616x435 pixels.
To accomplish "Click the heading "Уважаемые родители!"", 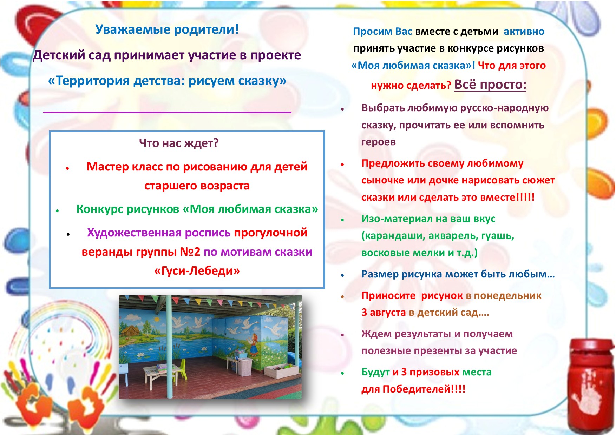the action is tap(167, 29).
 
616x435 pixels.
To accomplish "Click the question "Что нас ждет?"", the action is tap(179, 143).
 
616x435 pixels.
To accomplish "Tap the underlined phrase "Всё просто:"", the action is tap(490, 85).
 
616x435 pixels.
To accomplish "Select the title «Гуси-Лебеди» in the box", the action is tap(197, 270).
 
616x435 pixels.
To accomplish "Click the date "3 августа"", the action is tap(384, 312).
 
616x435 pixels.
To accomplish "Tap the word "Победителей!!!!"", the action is tap(424, 389).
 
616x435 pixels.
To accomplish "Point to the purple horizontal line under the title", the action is tap(167, 112).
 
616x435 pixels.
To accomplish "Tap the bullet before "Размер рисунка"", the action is tap(342, 275).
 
